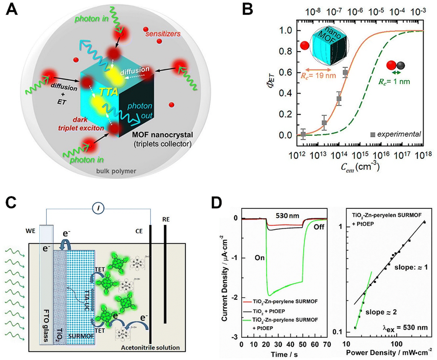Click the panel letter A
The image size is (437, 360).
(x=12, y=10)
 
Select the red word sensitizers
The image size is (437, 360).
(x=163, y=34)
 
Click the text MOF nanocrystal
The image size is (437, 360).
(x=162, y=135)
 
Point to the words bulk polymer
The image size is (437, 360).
(x=116, y=171)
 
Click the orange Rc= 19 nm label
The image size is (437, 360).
(x=318, y=76)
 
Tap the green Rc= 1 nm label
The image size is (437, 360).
(x=394, y=82)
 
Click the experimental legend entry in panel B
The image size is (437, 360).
(x=396, y=134)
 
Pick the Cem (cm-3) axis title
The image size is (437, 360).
(x=360, y=167)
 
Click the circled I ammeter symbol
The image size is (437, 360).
(x=98, y=209)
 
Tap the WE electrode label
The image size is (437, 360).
(x=31, y=231)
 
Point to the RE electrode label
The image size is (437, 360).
(x=166, y=219)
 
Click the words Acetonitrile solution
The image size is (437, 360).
(x=150, y=348)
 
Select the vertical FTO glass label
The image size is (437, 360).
(x=46, y=326)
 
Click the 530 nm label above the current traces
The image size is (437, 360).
(x=287, y=216)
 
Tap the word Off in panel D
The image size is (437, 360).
(x=319, y=227)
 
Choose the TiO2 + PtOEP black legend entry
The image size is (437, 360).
(x=269, y=311)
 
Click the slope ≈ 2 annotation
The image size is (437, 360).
(x=381, y=312)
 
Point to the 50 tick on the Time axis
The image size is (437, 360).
(x=302, y=344)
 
